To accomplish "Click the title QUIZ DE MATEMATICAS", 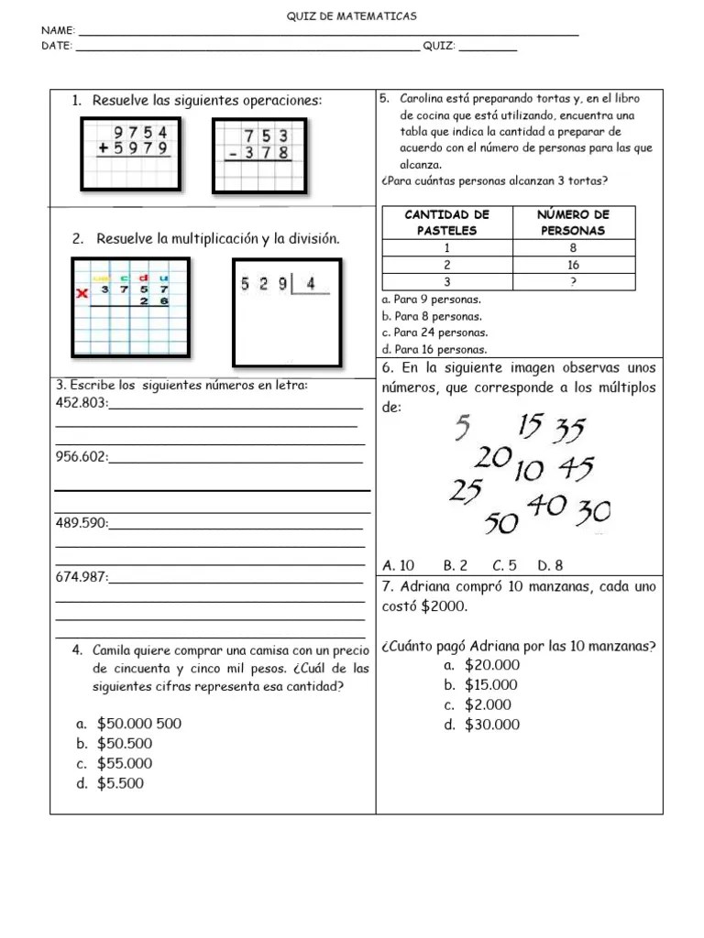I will click(352, 16).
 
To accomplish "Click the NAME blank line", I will click(330, 34).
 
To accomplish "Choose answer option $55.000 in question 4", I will click(125, 763).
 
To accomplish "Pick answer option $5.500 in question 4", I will click(120, 783).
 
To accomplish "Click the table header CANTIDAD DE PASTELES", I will click(447, 223).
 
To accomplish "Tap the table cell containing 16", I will click(574, 265).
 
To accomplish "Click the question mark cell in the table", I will click(574, 282).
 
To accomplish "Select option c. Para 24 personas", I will click(434, 333).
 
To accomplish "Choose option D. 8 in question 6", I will click(550, 565).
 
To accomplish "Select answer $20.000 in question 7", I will click(491, 665).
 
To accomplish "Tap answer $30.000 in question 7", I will click(491, 725).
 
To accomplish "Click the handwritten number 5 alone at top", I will click(463, 426).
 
